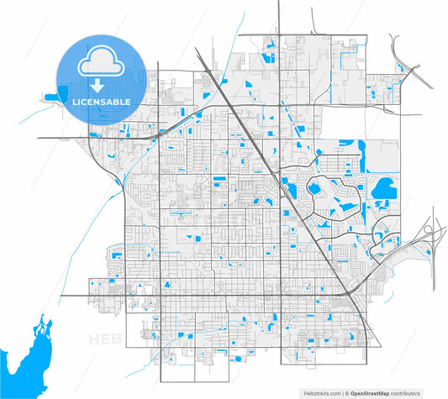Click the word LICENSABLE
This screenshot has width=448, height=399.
tap(102, 102)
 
